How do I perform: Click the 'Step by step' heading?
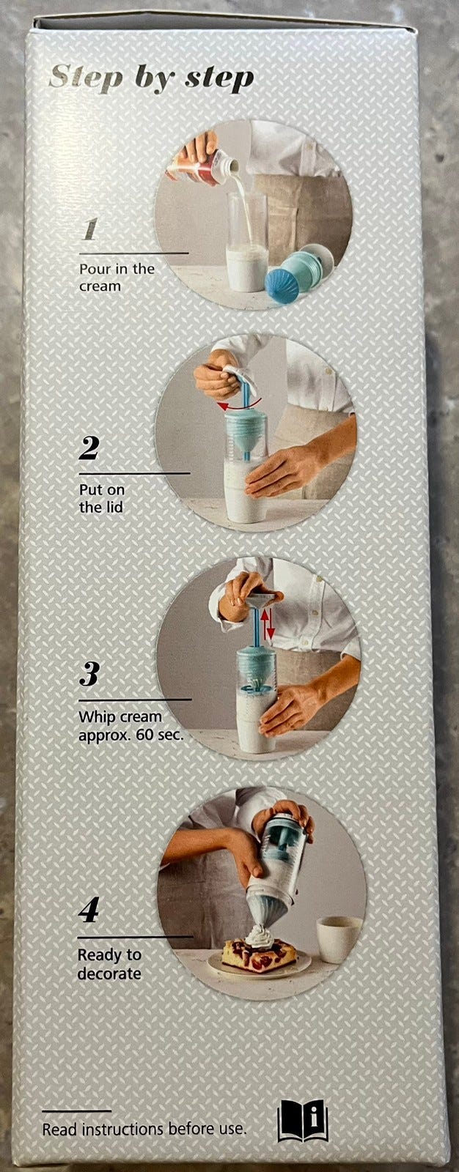click(x=152, y=78)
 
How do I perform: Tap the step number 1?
click(x=90, y=229)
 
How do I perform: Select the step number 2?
click(x=89, y=448)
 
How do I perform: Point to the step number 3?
click(x=89, y=674)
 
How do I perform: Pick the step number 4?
click(x=89, y=911)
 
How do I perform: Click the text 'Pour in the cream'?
click(x=117, y=278)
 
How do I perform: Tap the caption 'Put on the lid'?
click(x=102, y=498)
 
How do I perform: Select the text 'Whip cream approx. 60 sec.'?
click(x=131, y=725)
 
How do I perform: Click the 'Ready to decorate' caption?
click(x=109, y=964)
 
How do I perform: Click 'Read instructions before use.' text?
click(x=144, y=1129)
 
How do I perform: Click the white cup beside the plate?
click(x=339, y=938)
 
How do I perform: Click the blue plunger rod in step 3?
click(x=257, y=628)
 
